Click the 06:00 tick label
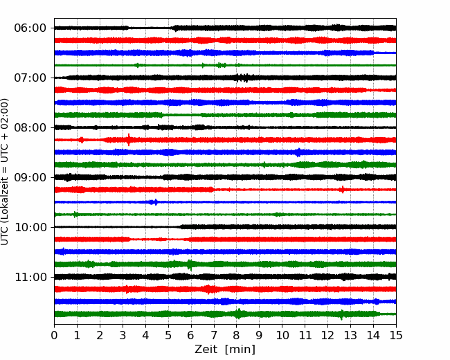coord(30,28)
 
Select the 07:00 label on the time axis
coord(30,78)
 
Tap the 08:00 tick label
coord(30,128)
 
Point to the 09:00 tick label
coord(30,177)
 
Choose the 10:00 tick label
coord(30,227)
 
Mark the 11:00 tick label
coord(30,278)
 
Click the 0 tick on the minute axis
coord(54,335)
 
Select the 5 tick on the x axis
coord(168,335)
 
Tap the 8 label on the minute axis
coord(237,335)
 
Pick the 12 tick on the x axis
coord(327,335)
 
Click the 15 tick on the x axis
coord(396,335)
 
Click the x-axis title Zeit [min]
coord(225,350)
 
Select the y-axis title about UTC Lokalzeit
coord(5,172)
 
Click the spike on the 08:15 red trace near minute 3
coord(129,140)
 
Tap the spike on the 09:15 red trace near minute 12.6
coord(342,190)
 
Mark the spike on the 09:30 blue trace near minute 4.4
coord(155,202)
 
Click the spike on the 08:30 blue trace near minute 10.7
coord(299,152)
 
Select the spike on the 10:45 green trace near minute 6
coord(190,264)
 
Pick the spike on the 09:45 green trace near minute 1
coord(75,215)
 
